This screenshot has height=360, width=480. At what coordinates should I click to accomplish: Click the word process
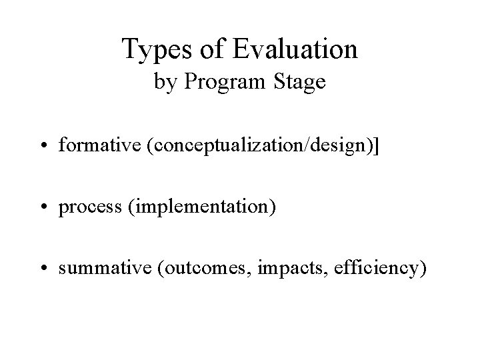pyautogui.click(x=86, y=208)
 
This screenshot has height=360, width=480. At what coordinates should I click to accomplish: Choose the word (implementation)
pyautogui.click(x=196, y=209)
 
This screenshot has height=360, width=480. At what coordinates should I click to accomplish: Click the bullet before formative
pyautogui.click(x=49, y=147)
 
